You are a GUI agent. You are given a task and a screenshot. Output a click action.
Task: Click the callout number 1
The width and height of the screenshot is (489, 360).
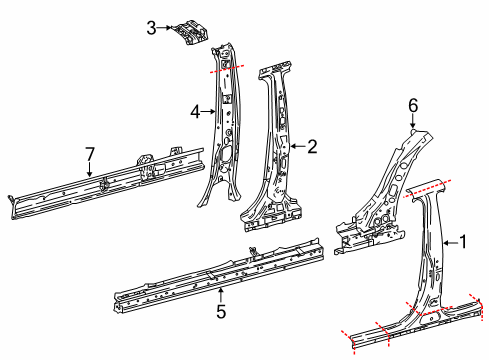click(462, 241)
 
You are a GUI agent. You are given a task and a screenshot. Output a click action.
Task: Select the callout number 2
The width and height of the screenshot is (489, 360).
click(312, 147)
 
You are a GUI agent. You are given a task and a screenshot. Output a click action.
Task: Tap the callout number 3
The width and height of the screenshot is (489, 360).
click(151, 28)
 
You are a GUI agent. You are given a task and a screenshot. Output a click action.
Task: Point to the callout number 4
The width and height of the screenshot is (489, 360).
click(196, 111)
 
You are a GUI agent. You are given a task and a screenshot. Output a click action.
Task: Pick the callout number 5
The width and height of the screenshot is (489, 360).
click(221, 311)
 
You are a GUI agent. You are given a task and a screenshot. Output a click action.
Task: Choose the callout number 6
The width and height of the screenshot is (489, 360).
click(412, 104)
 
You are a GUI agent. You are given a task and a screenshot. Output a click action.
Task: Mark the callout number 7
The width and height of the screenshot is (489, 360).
click(89, 153)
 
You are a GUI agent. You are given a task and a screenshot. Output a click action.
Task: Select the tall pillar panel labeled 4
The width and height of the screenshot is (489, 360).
click(225, 130)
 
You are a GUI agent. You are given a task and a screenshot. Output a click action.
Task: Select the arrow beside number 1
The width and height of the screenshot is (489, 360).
click(449, 241)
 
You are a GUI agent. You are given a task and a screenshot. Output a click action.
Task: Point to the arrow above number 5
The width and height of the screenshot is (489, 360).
click(221, 295)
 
